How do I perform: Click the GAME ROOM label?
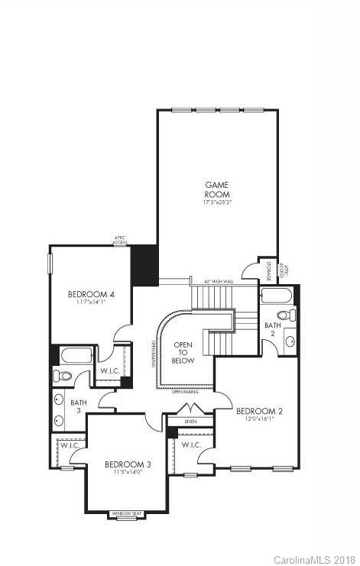(217, 189)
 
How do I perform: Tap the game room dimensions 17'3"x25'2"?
(217, 203)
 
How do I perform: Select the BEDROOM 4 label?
(91, 294)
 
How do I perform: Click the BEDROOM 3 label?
(128, 464)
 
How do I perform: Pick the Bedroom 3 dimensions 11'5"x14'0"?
(128, 473)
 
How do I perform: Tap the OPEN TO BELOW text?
(183, 352)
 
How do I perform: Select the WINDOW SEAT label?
(128, 513)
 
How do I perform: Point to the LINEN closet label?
(189, 421)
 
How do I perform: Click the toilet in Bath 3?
(63, 375)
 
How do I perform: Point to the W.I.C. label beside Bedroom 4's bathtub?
(109, 371)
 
